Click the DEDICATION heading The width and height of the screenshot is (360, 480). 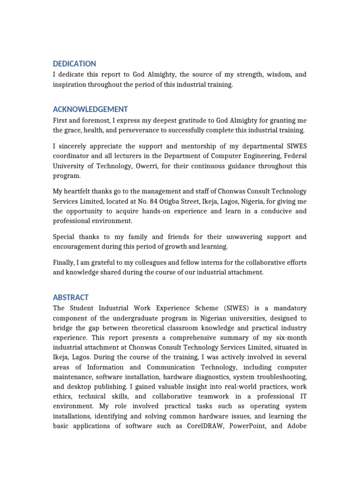tap(74, 64)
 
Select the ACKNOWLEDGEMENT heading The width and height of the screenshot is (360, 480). tap(90, 109)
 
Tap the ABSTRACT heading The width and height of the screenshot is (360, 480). tap(71, 298)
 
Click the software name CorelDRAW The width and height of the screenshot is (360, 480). tap(206, 427)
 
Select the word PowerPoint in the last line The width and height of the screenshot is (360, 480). tap(250, 427)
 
